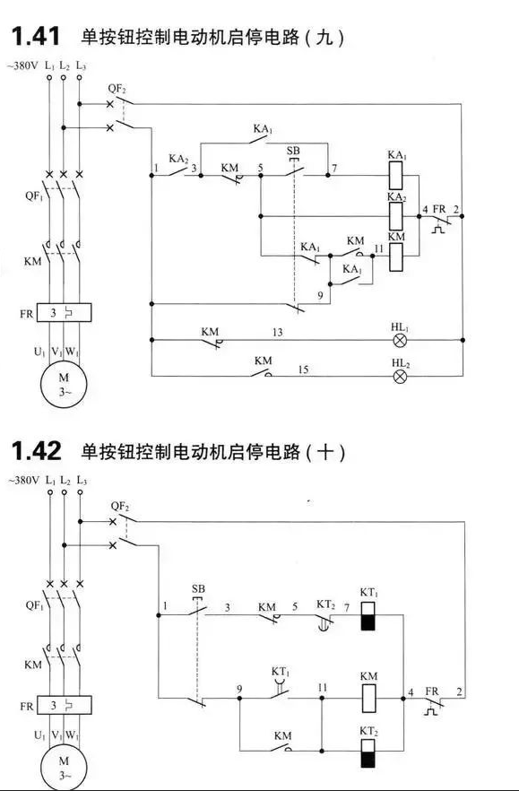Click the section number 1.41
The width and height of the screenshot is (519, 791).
pyautogui.click(x=35, y=36)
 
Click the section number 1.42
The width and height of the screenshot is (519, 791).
pyautogui.click(x=37, y=450)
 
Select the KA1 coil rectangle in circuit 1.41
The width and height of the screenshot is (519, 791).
pyautogui.click(x=395, y=176)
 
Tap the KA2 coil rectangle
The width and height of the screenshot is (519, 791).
pyautogui.click(x=395, y=216)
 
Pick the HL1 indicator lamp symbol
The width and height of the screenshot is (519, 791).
pyautogui.click(x=400, y=340)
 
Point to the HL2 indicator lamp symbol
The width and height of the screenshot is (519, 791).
pyautogui.click(x=400, y=376)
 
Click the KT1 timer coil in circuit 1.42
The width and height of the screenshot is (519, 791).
pyautogui.click(x=368, y=615)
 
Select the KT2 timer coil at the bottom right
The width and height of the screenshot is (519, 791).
pyautogui.click(x=368, y=753)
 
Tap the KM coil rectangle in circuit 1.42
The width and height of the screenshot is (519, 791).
pyautogui.click(x=368, y=699)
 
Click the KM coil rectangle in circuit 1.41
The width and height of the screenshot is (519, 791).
pyautogui.click(x=395, y=257)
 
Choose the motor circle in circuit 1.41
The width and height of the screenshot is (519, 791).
pyautogui.click(x=64, y=384)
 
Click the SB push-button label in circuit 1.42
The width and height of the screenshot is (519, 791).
pyautogui.click(x=199, y=588)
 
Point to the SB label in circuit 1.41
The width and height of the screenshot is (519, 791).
pyautogui.click(x=293, y=151)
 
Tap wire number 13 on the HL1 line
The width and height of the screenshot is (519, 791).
pyautogui.click(x=277, y=333)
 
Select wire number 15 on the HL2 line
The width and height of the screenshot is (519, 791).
pyautogui.click(x=303, y=369)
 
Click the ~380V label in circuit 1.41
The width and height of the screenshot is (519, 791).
pyautogui.click(x=22, y=65)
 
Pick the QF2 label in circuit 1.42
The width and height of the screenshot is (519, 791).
pyautogui.click(x=120, y=506)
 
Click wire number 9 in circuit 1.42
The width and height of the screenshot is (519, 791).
pyautogui.click(x=239, y=689)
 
